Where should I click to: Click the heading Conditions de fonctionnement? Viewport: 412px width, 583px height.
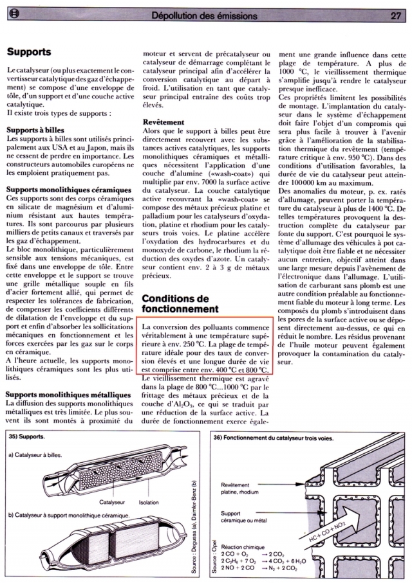click(176, 304)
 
